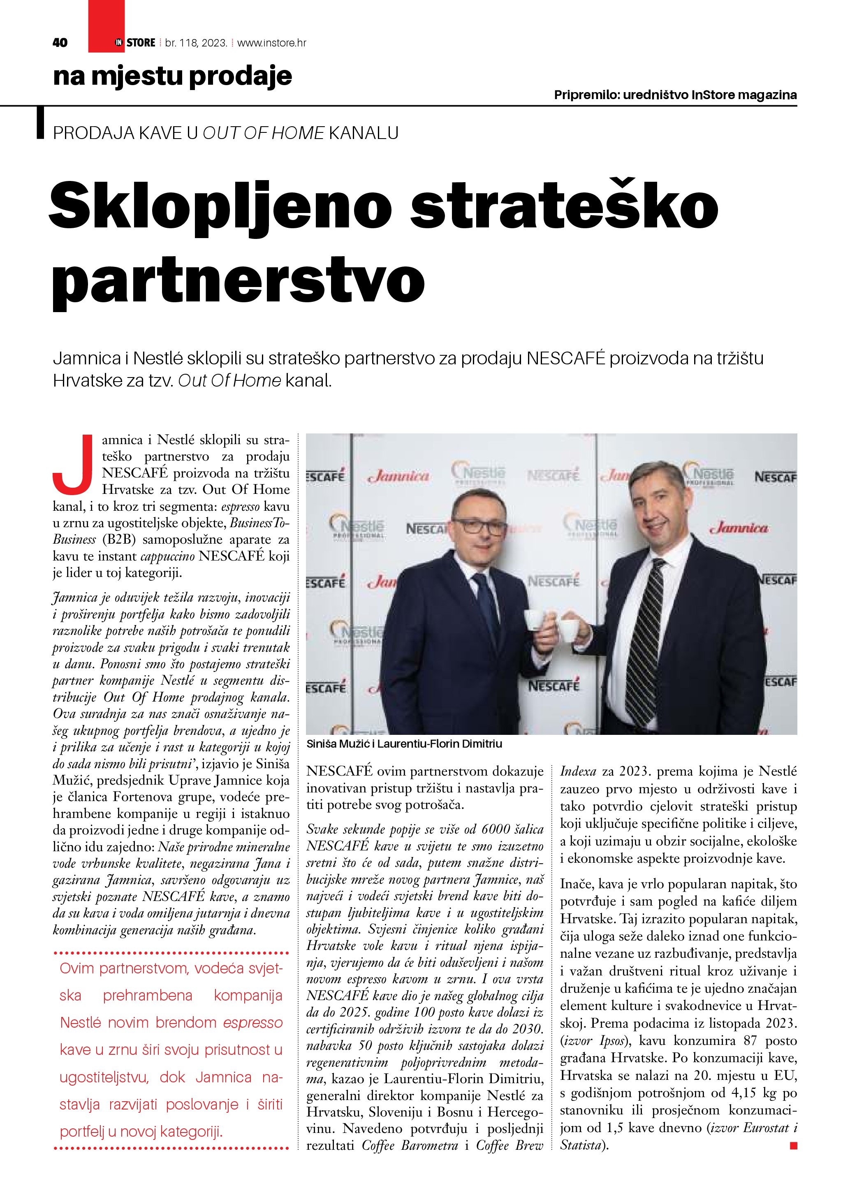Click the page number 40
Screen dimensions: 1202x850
click(60, 43)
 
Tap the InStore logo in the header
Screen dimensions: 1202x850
click(135, 43)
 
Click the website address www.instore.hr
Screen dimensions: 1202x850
click(272, 43)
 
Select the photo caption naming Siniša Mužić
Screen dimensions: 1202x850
click(404, 743)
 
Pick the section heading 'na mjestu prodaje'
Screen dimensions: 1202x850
click(172, 77)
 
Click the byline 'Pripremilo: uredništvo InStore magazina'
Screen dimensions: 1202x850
click(675, 95)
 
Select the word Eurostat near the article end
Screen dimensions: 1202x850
click(760, 1128)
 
